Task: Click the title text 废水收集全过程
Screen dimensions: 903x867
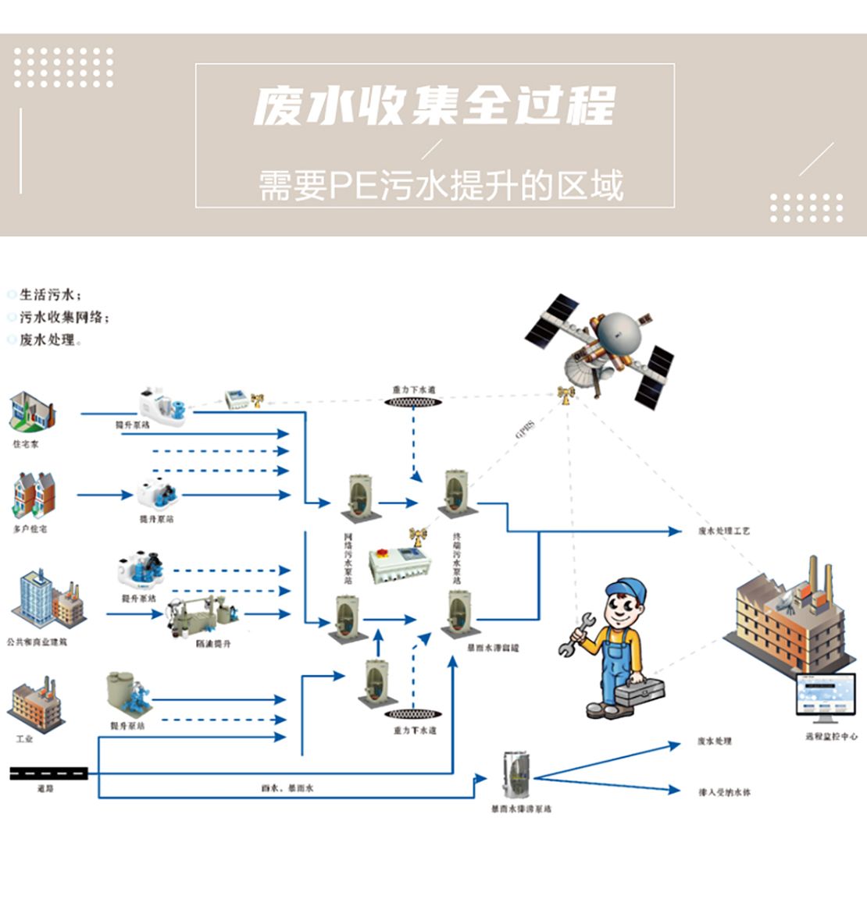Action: tap(434, 105)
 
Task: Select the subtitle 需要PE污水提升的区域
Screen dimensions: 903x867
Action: tap(441, 186)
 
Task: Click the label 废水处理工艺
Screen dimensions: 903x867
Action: tap(723, 531)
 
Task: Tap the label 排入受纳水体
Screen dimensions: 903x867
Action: tap(724, 792)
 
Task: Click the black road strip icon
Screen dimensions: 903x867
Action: tap(48, 773)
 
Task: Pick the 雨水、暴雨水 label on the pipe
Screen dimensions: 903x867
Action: tap(287, 788)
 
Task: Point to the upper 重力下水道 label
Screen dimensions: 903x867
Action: tap(413, 389)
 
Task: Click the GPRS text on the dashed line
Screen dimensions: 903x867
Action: tap(525, 429)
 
